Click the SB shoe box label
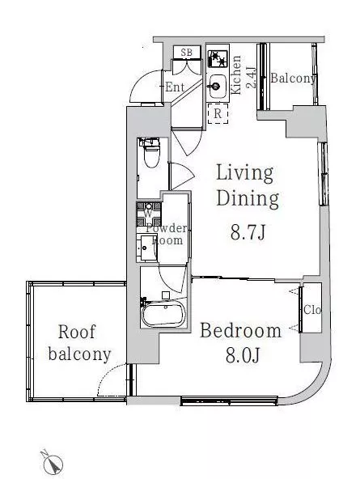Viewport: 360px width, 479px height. tap(187, 53)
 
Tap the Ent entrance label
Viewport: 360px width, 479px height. tap(175, 87)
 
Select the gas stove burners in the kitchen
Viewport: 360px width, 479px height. tap(218, 58)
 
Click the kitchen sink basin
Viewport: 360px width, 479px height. tap(218, 86)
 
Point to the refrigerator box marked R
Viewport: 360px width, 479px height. tap(218, 113)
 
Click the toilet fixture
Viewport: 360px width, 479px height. tap(151, 153)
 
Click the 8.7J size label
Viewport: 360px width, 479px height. tap(248, 233)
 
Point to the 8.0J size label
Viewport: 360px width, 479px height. tap(243, 355)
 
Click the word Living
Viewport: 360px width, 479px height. tap(245, 173)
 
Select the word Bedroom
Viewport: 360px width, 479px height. tap(240, 331)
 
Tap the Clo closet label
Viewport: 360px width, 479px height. tap(312, 310)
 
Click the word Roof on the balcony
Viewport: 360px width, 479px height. tap(77, 332)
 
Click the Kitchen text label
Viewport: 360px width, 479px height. tap(235, 74)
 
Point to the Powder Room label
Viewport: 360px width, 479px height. tap(167, 234)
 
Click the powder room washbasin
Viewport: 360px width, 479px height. tap(147, 248)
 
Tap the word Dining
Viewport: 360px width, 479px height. tap(248, 200)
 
